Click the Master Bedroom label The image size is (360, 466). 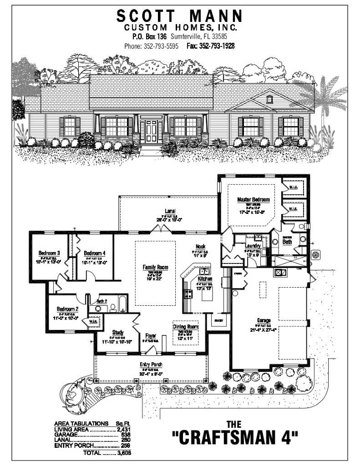coord(254,199)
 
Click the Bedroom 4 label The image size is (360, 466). coord(95,253)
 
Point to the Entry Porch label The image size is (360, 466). coord(151,365)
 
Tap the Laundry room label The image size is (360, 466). coord(252,246)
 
